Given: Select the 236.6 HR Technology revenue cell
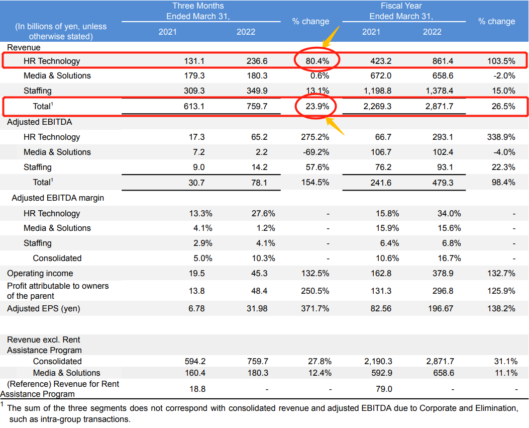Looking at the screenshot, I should [x=257, y=61].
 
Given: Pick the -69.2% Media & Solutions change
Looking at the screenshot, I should [x=316, y=152].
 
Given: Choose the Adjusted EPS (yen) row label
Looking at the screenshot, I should [x=43, y=308].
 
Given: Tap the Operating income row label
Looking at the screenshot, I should [x=40, y=273].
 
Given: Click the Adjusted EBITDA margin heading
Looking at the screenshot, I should [x=58, y=198].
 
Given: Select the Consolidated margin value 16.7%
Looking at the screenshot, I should [x=449, y=258].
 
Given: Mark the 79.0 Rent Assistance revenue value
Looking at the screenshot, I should [x=384, y=389].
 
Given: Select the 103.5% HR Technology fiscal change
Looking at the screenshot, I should [x=502, y=61].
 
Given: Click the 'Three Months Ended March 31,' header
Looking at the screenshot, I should [x=198, y=11].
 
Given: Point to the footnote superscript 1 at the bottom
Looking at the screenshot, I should [x=3, y=404].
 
